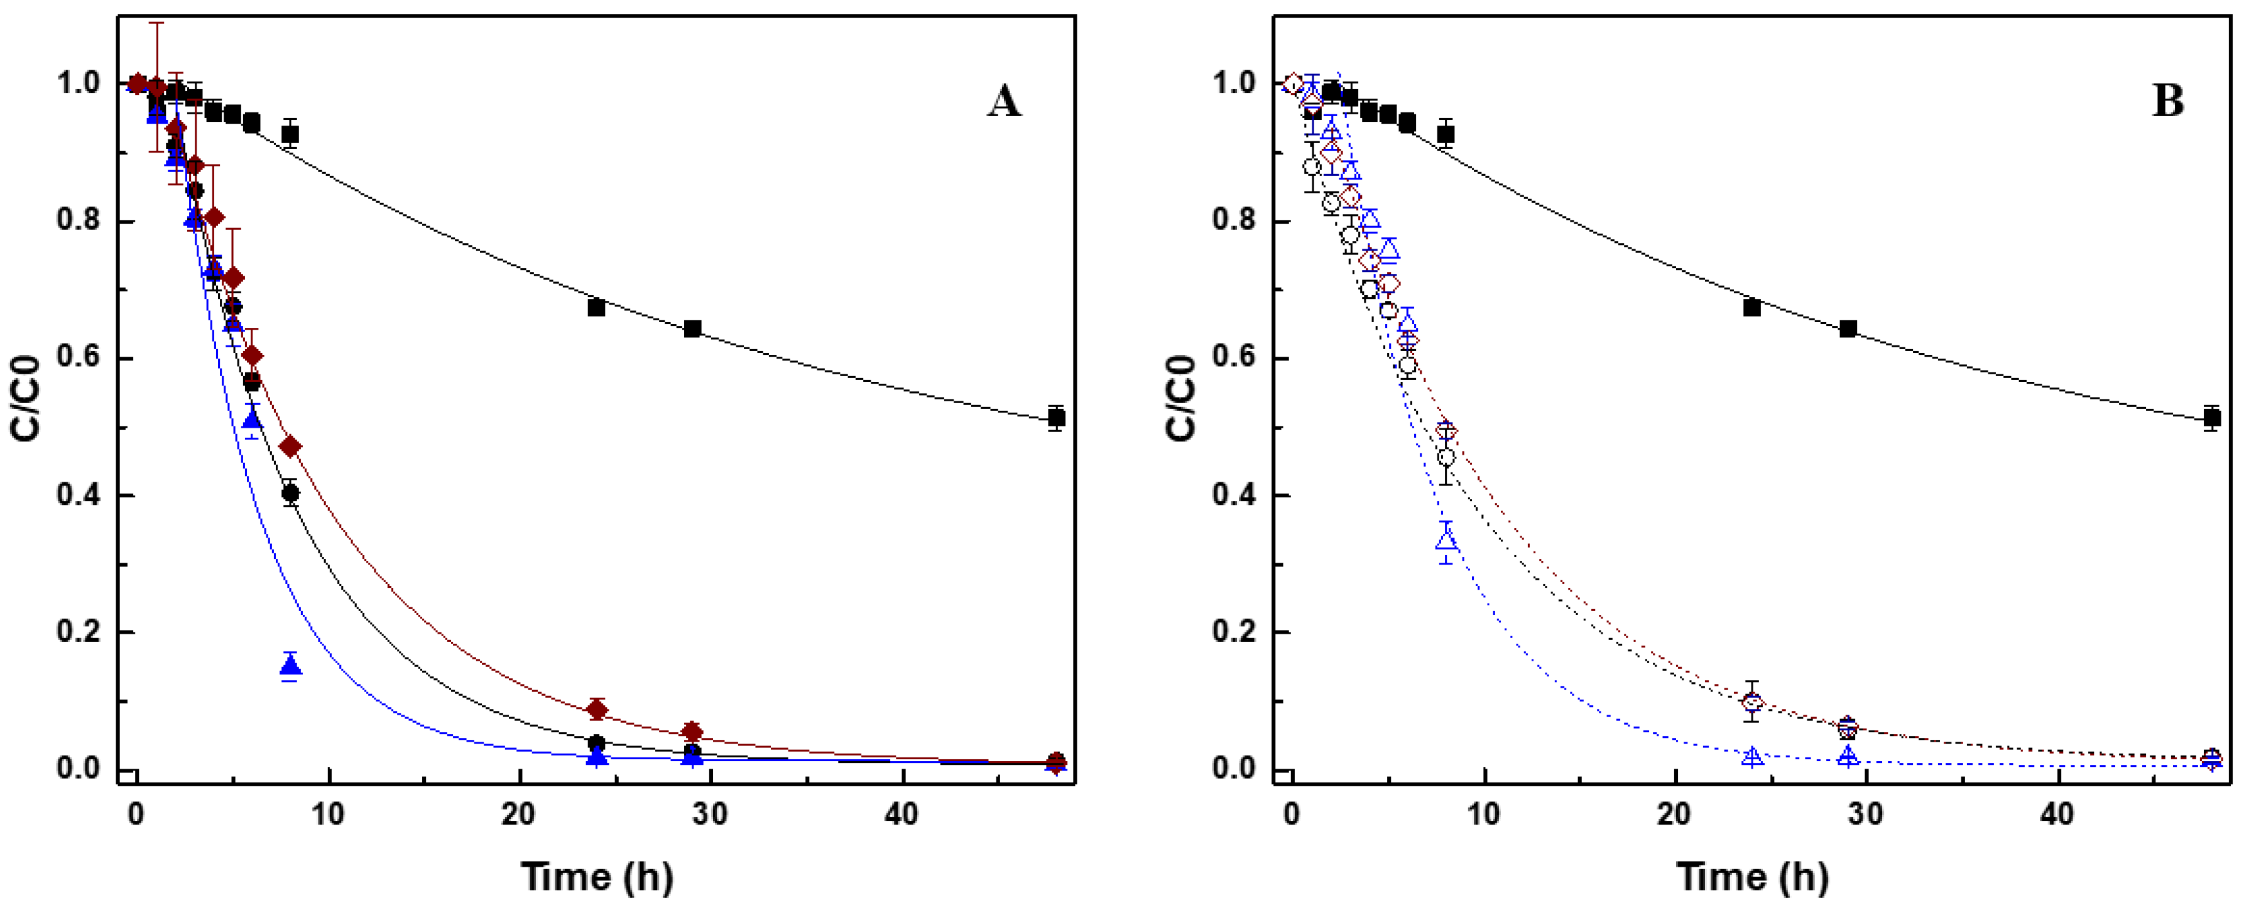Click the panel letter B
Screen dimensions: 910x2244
pos(2168,102)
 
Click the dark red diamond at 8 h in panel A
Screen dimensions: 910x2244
pos(290,447)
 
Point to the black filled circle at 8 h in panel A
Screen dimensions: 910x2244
pos(290,494)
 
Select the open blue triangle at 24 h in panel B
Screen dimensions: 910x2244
pos(1752,757)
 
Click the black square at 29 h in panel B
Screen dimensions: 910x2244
pos(1848,328)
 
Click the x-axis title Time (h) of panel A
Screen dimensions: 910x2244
pos(597,875)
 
